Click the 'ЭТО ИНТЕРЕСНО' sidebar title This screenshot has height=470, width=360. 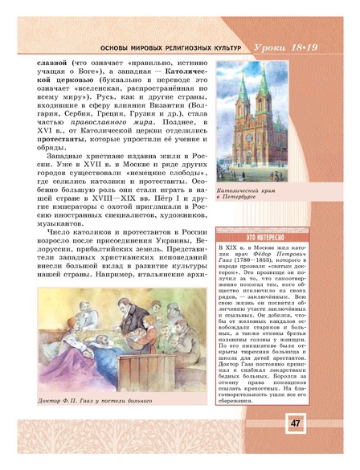pyautogui.click(x=241, y=240)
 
